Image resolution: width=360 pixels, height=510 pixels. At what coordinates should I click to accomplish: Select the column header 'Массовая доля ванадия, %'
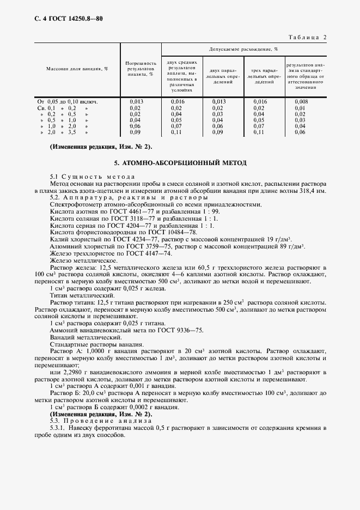(77, 69)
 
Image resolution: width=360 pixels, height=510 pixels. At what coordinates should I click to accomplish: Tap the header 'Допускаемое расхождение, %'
(243, 50)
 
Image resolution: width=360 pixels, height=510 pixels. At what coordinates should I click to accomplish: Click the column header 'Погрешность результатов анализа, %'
(141, 69)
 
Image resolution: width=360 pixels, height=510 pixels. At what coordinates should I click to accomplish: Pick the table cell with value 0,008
(302, 101)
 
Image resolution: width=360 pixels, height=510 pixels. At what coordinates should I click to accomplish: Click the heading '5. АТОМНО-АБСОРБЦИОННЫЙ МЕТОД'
(180, 162)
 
